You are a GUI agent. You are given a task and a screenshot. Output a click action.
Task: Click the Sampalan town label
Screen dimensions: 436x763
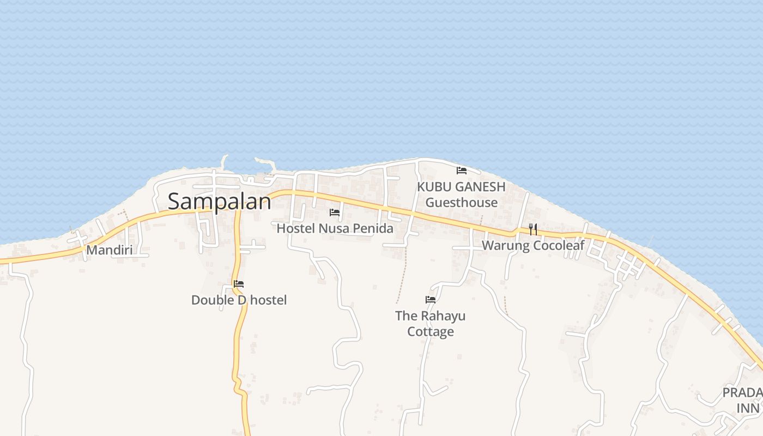pos(219,201)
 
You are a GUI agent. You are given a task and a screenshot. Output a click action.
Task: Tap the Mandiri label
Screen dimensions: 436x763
pos(110,250)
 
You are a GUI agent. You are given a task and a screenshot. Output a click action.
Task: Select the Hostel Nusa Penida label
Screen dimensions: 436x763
pos(335,228)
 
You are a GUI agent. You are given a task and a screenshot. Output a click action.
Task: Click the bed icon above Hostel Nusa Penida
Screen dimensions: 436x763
pos(335,212)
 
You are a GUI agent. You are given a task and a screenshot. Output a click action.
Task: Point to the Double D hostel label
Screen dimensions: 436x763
pos(239,300)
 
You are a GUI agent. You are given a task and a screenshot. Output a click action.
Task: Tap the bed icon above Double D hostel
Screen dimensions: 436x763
pos(239,284)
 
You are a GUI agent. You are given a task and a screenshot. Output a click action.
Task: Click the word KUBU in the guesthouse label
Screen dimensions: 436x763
pos(434,186)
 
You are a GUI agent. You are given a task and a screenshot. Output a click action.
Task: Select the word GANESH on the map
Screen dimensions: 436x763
pos(480,186)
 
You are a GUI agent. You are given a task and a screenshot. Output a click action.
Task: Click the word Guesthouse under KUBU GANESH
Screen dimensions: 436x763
pos(462,202)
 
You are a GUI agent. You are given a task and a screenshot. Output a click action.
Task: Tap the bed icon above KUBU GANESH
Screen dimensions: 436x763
pos(462,170)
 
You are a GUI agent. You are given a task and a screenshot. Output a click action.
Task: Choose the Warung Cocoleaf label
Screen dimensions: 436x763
pos(532,245)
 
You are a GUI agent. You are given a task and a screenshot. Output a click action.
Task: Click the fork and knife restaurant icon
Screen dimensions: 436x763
pos(533,229)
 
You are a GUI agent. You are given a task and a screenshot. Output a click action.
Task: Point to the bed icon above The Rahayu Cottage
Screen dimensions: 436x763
pos(431,299)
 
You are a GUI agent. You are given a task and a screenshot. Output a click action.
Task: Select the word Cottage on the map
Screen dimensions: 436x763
pos(431,331)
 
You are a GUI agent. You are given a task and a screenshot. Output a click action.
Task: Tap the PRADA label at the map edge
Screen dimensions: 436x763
pos(742,392)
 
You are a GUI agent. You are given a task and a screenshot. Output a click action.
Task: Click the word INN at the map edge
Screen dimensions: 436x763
pos(748,408)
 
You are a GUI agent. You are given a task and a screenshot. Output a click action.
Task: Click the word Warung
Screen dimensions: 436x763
pos(506,245)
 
